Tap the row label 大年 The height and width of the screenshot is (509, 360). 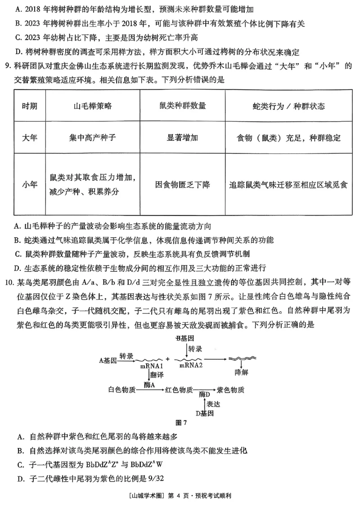click(x=30, y=137)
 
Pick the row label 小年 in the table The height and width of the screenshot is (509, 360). click(x=30, y=185)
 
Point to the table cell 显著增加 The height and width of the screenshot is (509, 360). click(x=182, y=137)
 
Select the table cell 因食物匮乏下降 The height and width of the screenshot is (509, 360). click(x=182, y=185)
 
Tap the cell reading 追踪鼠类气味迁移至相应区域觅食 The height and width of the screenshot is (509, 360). click(x=288, y=185)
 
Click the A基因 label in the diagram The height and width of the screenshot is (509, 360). click(x=108, y=360)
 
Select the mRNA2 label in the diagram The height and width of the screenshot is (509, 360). click(x=191, y=365)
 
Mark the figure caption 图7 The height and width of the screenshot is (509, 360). click(x=180, y=423)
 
